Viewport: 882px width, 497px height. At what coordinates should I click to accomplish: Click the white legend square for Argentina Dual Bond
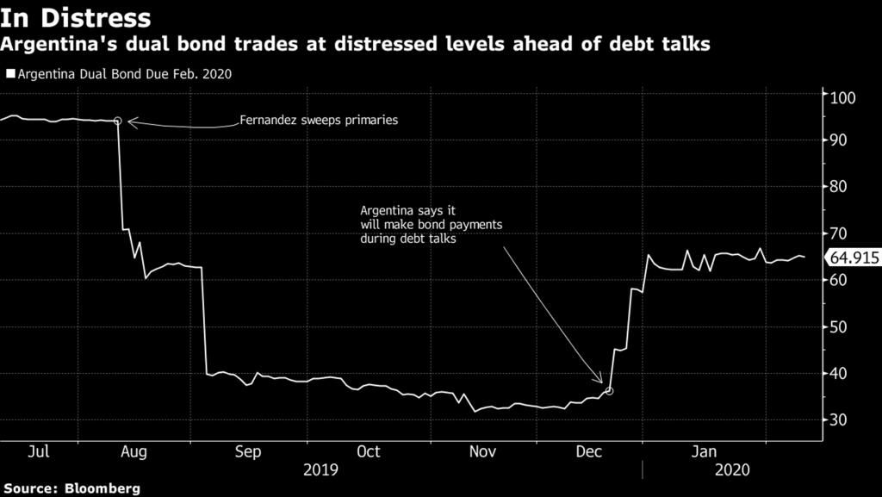point(9,74)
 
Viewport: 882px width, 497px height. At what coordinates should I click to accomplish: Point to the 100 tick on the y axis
point(842,96)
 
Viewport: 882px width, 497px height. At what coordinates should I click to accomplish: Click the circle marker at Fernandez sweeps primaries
point(118,121)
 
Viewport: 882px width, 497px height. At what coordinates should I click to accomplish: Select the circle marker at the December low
point(609,391)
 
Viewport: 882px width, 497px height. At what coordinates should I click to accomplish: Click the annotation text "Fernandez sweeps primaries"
point(319,121)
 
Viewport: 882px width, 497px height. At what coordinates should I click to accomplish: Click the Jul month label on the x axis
point(37,452)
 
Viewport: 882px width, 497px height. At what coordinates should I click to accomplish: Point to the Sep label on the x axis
point(248,452)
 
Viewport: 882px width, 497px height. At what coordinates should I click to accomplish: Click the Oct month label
point(369,452)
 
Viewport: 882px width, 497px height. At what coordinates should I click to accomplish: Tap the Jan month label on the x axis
point(705,452)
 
